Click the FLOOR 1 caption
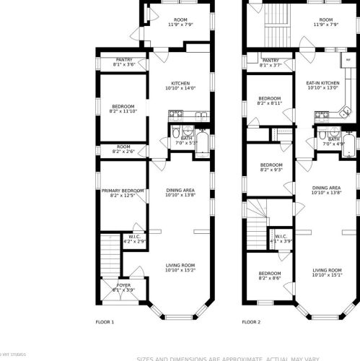click(105, 322)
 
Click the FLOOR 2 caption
click(251, 322)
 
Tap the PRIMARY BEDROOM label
click(123, 190)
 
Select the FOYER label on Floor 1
click(123, 284)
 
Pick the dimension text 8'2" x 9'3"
click(270, 170)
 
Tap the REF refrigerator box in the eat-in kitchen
click(348, 61)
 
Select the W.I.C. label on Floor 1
click(134, 236)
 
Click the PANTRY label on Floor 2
click(271, 61)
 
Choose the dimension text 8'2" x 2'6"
click(123, 152)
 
